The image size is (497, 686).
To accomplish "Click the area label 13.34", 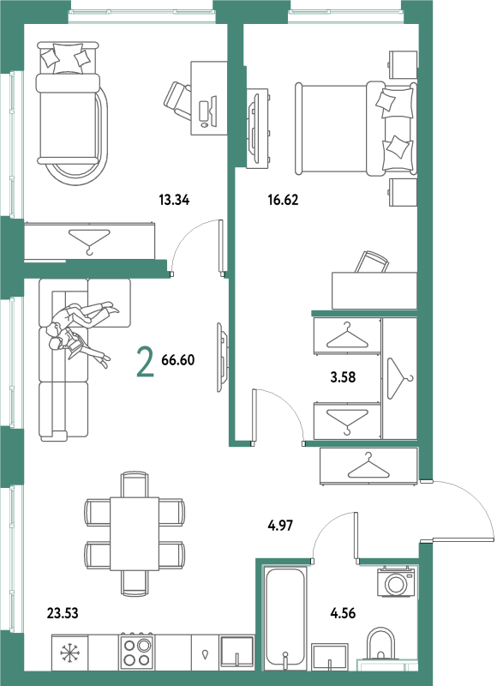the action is click(x=174, y=201).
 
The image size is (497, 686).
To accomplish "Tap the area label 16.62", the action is click(x=283, y=201).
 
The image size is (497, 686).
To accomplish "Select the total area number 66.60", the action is click(x=178, y=360).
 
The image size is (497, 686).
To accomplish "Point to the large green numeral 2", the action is click(x=145, y=361).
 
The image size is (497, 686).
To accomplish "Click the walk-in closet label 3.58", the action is click(x=343, y=377).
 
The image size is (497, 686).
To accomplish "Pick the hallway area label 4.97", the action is click(x=280, y=525).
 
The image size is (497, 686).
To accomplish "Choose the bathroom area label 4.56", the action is click(x=343, y=613).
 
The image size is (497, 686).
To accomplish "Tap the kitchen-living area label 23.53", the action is click(x=63, y=613).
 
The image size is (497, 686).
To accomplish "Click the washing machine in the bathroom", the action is click(x=396, y=581).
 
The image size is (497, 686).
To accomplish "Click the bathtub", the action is click(x=285, y=618).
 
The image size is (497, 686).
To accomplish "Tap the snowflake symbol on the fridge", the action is click(x=69, y=653).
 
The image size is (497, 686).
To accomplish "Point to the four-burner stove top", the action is click(x=137, y=652).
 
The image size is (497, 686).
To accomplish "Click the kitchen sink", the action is click(x=237, y=653).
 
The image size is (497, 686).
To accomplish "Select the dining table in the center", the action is click(x=135, y=533).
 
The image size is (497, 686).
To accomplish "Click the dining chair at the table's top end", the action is click(x=135, y=484).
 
